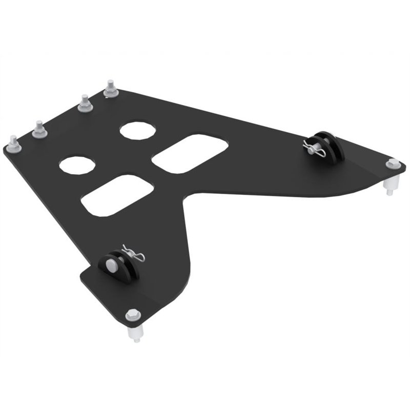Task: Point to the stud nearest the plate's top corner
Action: tap(109, 86)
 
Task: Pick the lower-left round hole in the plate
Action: tap(77, 165)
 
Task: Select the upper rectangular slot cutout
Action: tap(190, 153)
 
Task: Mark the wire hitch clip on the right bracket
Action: tap(313, 149)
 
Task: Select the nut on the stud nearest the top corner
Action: tap(109, 93)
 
